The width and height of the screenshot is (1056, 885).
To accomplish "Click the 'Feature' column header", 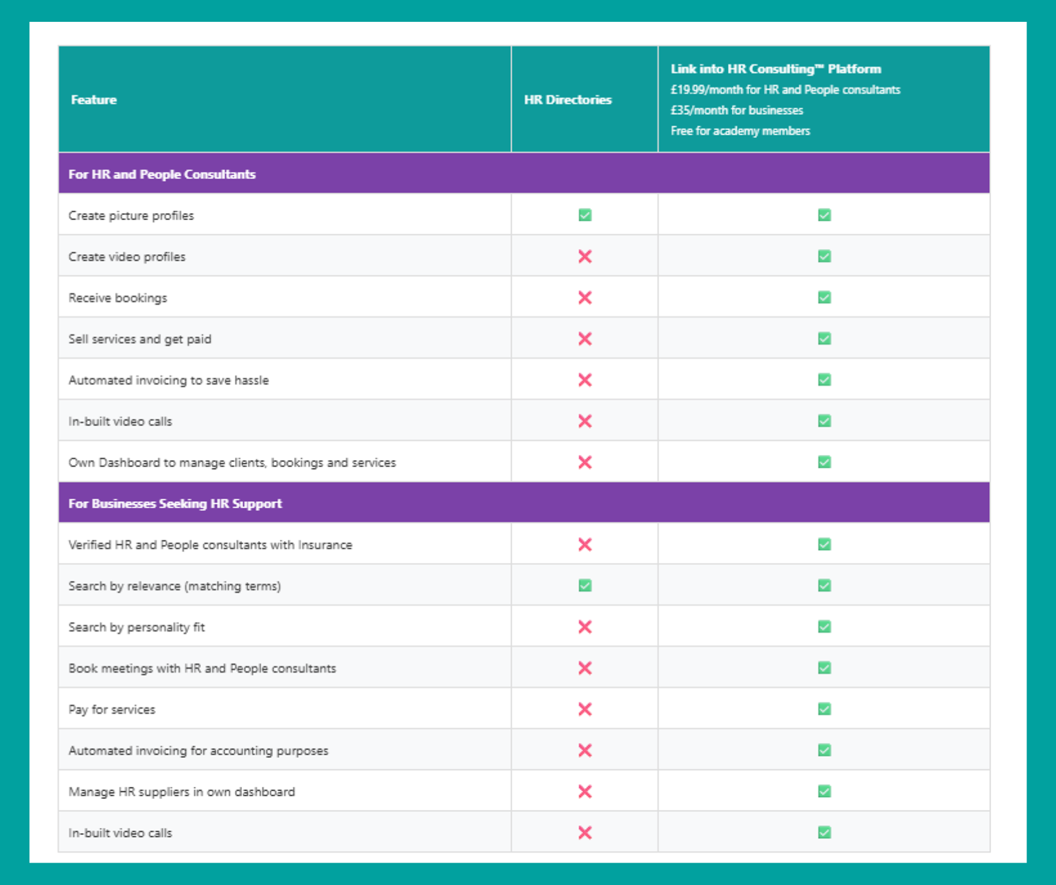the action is [x=94, y=99].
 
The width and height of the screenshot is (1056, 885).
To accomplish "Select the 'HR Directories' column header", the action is [x=567, y=99].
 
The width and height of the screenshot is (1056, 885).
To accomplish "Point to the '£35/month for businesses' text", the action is [x=736, y=110].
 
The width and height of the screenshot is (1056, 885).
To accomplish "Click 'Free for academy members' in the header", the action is [x=740, y=131].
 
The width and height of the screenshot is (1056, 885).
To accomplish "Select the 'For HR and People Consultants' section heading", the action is [x=162, y=174].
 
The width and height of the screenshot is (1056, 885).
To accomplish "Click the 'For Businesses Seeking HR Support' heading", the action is [x=175, y=503].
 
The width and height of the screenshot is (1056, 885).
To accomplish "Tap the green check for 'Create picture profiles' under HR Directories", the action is [x=585, y=215].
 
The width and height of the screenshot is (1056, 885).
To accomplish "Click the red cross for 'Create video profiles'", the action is [x=585, y=257].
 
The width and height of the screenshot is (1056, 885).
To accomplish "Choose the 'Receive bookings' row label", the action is [x=117, y=298].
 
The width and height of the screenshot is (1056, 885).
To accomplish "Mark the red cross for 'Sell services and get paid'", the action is [x=585, y=339].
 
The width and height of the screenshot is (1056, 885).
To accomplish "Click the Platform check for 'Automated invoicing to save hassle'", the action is [x=824, y=380].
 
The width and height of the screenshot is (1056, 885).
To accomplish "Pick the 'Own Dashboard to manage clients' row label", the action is [x=232, y=463].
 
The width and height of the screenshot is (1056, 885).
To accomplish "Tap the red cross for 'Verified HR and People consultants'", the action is [x=585, y=545].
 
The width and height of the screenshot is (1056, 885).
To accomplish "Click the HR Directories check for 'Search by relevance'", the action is [x=585, y=585].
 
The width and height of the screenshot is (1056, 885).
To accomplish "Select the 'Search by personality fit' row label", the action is [x=137, y=627].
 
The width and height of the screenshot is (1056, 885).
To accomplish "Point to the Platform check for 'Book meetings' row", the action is [x=824, y=668].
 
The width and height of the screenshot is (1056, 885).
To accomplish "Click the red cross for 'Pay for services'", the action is [x=585, y=709].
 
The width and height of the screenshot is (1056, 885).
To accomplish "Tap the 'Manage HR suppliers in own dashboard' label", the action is [x=182, y=792].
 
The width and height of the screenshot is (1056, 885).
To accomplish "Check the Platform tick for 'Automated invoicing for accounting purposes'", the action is [x=824, y=750].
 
